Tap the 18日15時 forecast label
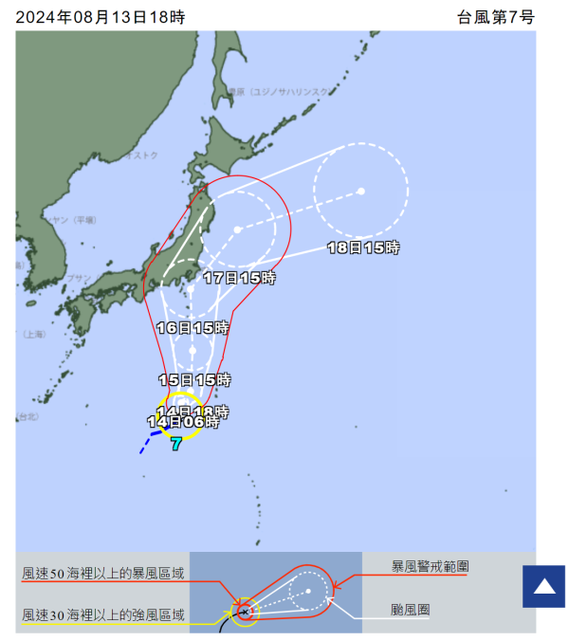(x=363, y=247)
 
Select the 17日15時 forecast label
(x=239, y=278)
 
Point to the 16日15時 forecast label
(x=193, y=328)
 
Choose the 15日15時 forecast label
(x=194, y=379)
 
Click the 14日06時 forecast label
(x=183, y=422)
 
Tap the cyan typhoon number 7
(x=176, y=443)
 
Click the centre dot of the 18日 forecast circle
(x=361, y=192)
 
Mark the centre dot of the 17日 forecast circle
(x=237, y=229)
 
